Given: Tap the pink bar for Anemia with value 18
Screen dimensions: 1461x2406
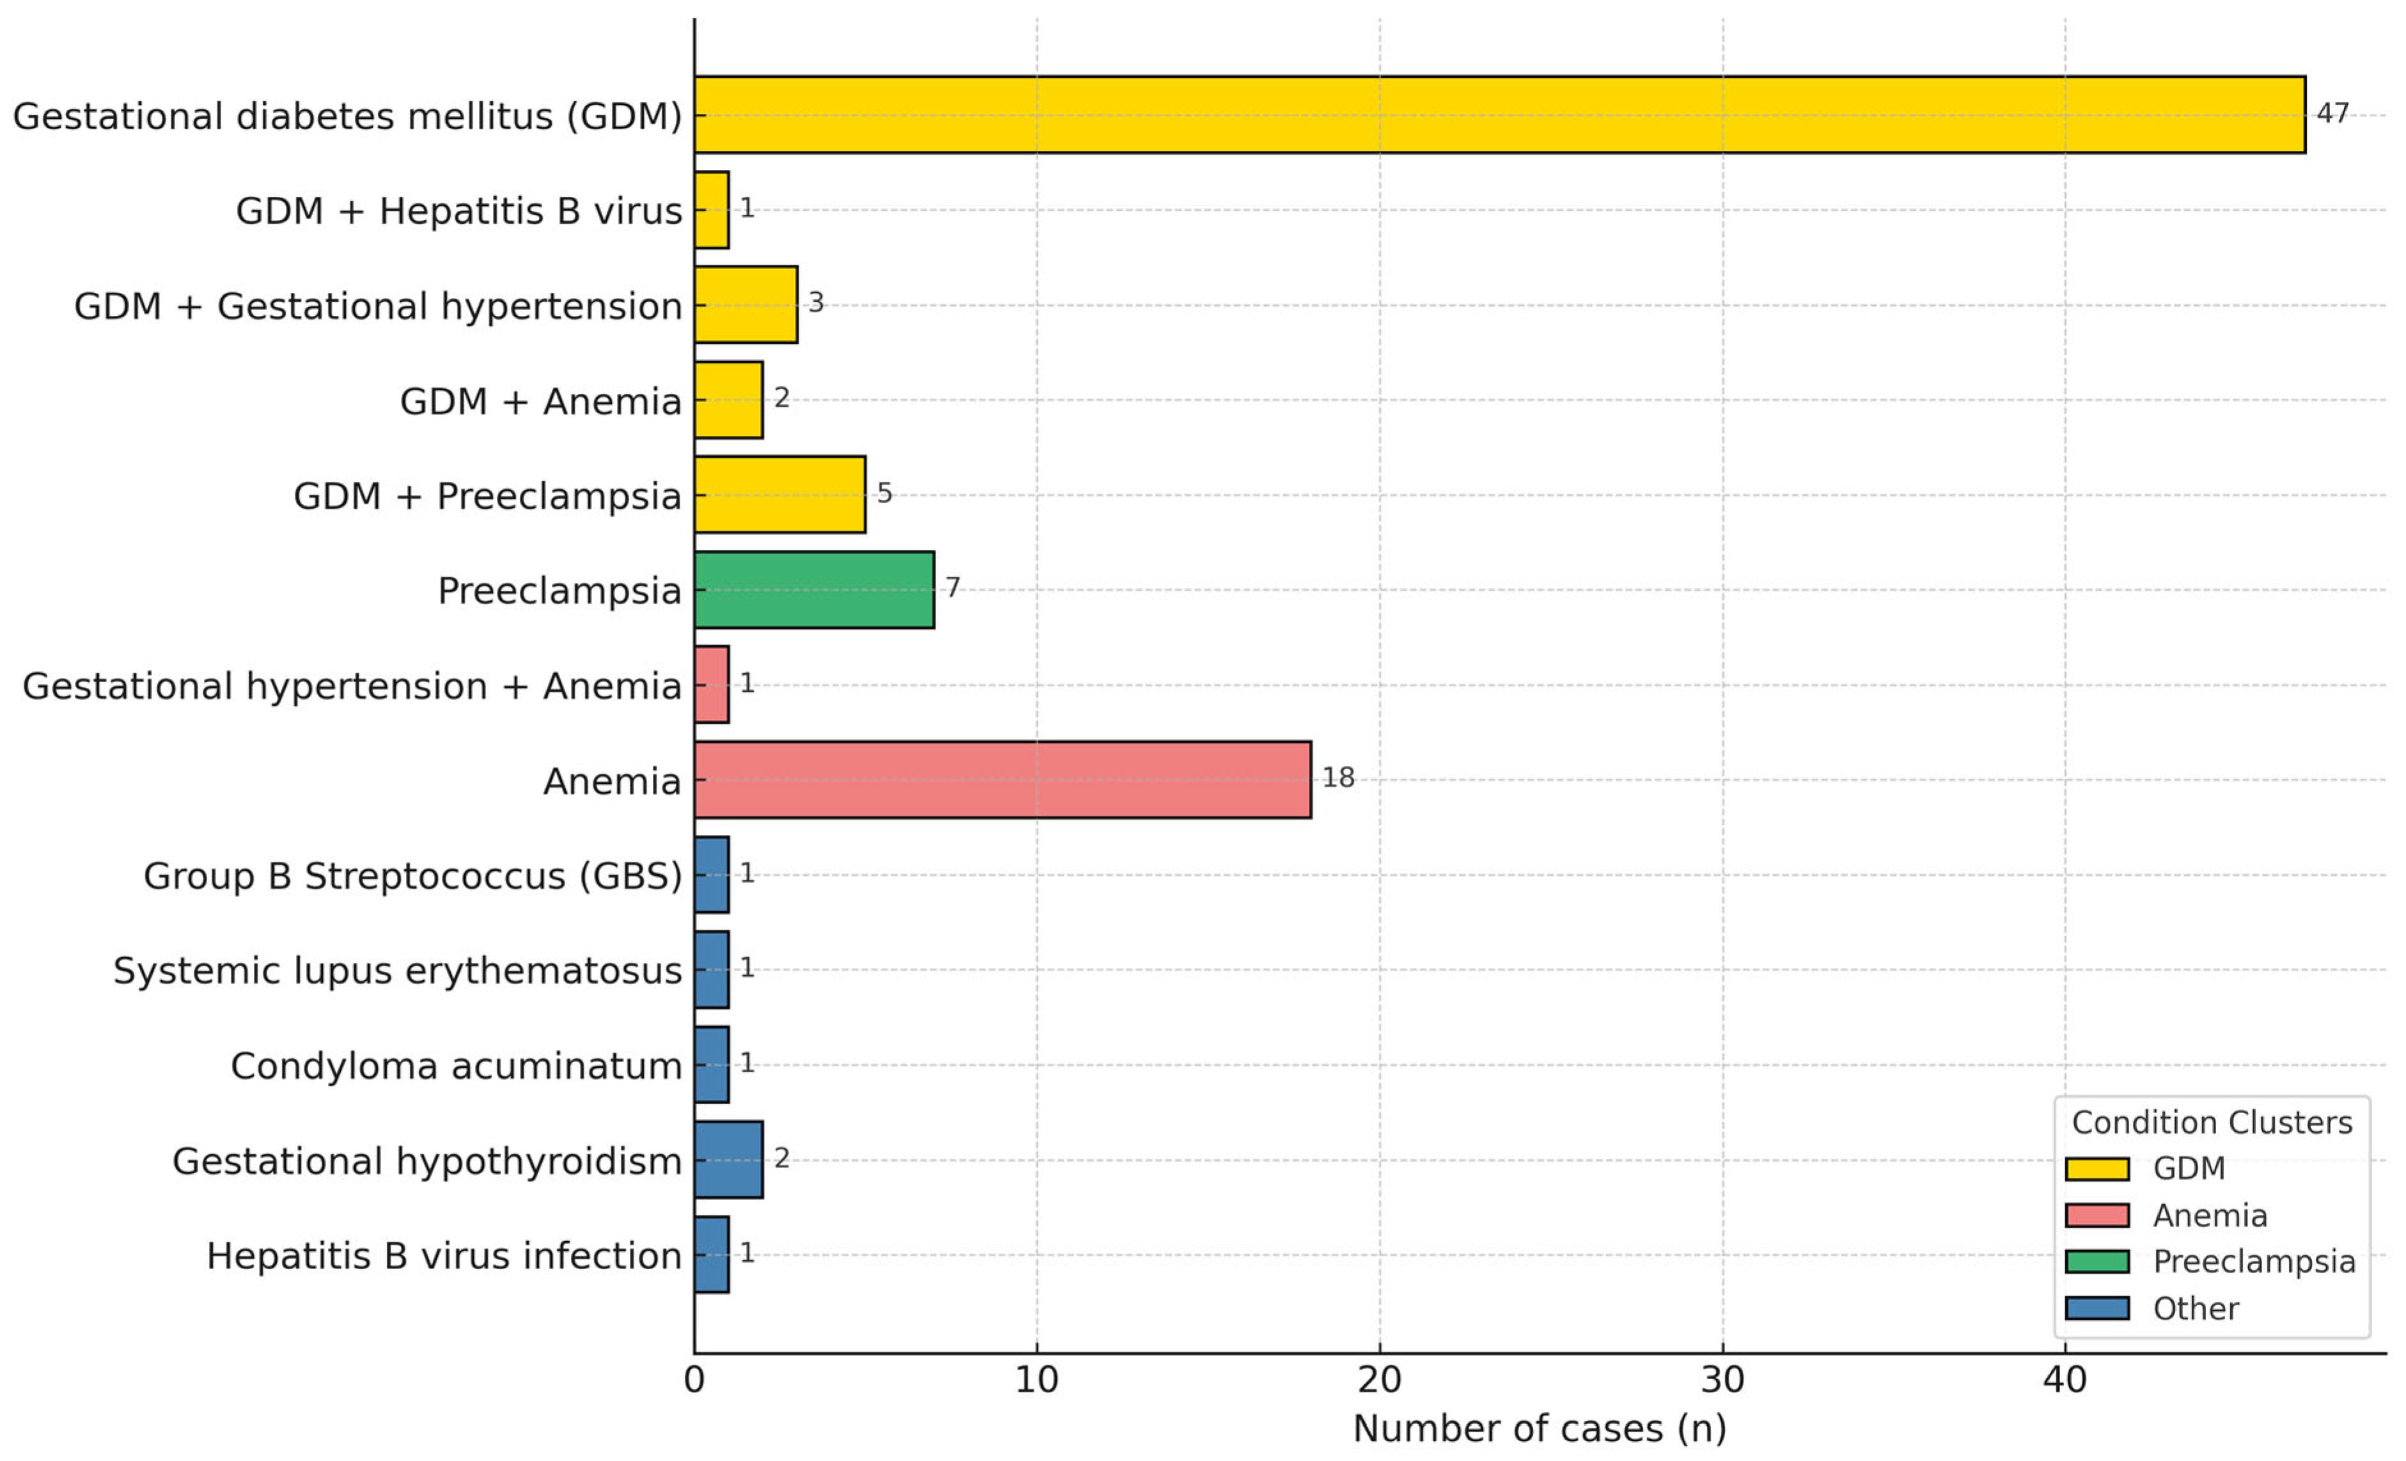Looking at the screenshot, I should coord(1002,779).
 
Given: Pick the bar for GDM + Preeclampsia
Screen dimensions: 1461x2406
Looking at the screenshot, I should coord(779,494).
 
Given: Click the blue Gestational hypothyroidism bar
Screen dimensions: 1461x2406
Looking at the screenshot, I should coord(728,1159).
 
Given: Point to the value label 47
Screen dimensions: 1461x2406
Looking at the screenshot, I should coord(2332,113).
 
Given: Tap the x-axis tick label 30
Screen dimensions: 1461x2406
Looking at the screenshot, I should coord(1722,1380).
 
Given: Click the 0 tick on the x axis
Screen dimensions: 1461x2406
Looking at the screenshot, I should coord(694,1380).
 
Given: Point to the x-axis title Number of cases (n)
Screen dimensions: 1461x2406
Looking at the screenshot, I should coord(1539,1429).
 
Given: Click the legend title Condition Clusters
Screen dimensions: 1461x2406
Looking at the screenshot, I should coord(2212,1122).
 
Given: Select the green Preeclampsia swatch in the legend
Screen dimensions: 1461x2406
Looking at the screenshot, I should coord(2097,1261).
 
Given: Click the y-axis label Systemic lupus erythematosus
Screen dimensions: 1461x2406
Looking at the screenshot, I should coord(398,971).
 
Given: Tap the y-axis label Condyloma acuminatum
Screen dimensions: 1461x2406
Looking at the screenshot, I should coord(456,1065).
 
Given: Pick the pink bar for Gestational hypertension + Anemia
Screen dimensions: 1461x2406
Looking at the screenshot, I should coord(711,685).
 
